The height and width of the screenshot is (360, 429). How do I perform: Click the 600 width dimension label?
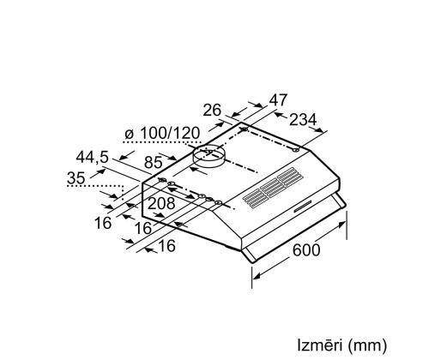307,249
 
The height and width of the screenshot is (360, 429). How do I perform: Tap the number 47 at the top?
278,99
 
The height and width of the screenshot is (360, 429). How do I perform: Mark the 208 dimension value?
160,203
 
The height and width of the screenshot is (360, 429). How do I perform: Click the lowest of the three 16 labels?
167,246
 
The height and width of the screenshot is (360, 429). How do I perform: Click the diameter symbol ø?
129,135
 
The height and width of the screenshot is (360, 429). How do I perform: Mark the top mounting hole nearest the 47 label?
246,130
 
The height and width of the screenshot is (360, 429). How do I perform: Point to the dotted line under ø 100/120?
159,147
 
